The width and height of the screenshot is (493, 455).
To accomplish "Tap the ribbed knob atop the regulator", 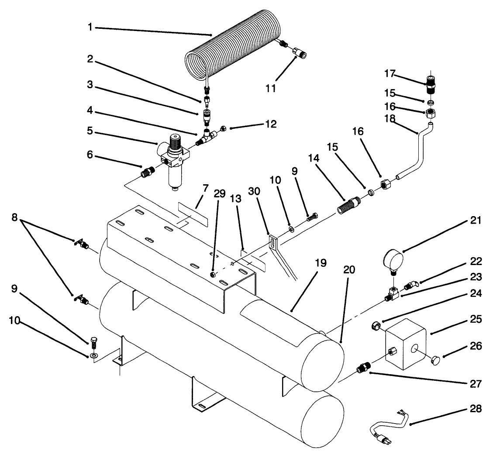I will (x=175, y=141).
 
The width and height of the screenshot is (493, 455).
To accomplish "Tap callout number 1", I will (x=90, y=27).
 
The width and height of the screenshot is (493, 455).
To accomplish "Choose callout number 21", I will (x=476, y=221).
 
